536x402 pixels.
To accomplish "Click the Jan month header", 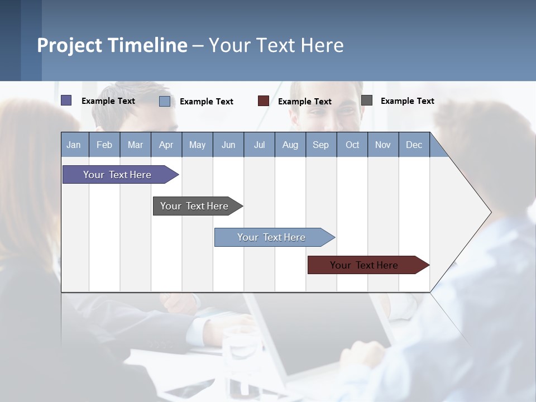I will (74, 145).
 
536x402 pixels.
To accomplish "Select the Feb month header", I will (104, 145).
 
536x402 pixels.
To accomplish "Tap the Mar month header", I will (135, 145).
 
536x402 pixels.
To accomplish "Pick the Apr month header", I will (166, 145).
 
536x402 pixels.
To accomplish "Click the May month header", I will (197, 145).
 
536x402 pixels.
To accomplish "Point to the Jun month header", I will (228, 145).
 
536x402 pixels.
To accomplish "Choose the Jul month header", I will (259, 145).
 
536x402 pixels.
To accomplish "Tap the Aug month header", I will (290, 145).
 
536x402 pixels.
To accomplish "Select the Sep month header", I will (321, 145).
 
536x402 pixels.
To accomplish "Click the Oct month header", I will (352, 145).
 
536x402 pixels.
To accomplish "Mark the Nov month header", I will (383, 145).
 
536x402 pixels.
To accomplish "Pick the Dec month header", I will (414, 145).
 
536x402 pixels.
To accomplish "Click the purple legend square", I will (66, 100).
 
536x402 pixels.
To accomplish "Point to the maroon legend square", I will (264, 101).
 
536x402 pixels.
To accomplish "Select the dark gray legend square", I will (367, 100).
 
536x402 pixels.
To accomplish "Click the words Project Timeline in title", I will (112, 45).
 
